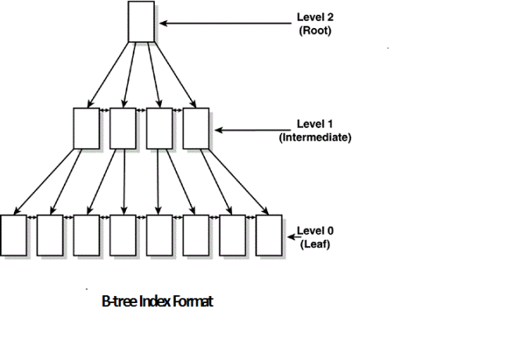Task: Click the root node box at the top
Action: (x=140, y=22)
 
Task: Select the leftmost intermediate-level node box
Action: (x=84, y=128)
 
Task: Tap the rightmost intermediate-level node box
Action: (x=195, y=128)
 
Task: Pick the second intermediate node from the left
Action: (x=122, y=128)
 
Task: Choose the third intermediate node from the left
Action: (x=159, y=128)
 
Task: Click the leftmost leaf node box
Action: (x=13, y=234)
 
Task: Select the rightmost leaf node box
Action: (x=268, y=234)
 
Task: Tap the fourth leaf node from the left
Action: (x=123, y=234)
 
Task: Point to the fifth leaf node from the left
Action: (x=159, y=234)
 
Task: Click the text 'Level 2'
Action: (x=315, y=16)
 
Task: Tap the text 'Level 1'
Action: (x=315, y=123)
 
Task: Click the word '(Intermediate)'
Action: (x=315, y=137)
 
